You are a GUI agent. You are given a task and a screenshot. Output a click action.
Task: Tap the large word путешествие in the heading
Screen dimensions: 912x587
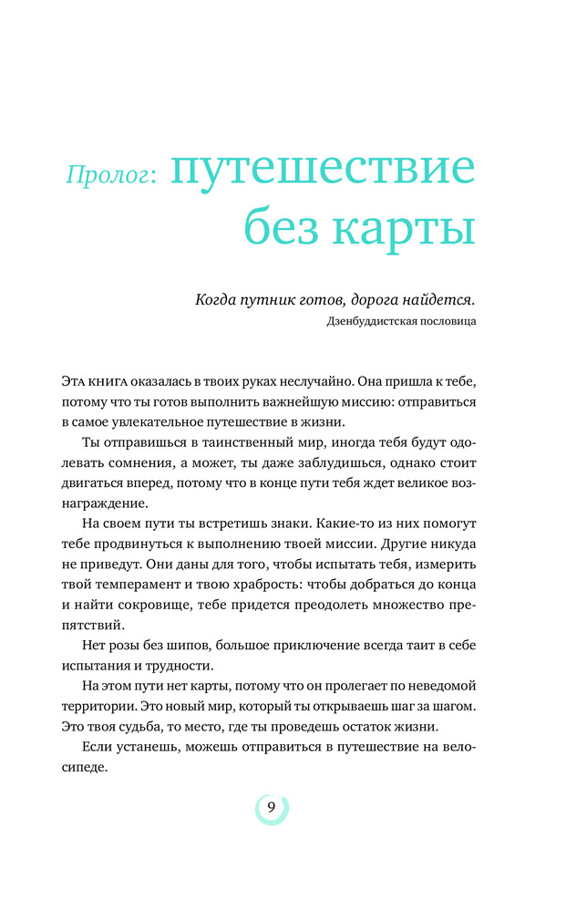(324, 171)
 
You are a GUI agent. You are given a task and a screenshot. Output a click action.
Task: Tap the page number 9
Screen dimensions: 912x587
(271, 806)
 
